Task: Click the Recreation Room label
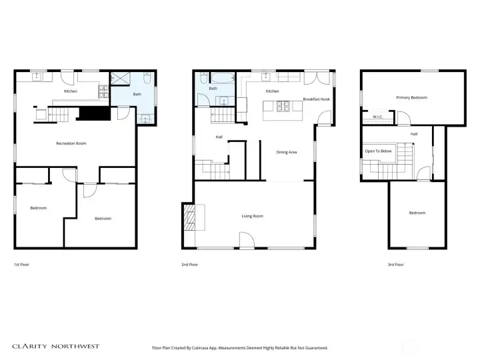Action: tap(71, 143)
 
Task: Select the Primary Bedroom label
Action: tap(411, 97)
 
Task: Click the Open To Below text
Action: tap(379, 151)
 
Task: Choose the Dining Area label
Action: tap(286, 152)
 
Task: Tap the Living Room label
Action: tap(252, 216)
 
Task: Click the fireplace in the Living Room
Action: tap(189, 217)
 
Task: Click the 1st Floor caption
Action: tap(21, 265)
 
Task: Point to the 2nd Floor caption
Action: tap(189, 265)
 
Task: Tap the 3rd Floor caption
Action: tap(395, 265)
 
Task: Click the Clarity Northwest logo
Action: tap(56, 347)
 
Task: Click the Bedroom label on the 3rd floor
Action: tap(417, 213)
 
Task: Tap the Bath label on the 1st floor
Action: tap(137, 94)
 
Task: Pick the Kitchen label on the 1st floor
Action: tap(71, 91)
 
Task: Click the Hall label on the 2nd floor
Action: tap(219, 137)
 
